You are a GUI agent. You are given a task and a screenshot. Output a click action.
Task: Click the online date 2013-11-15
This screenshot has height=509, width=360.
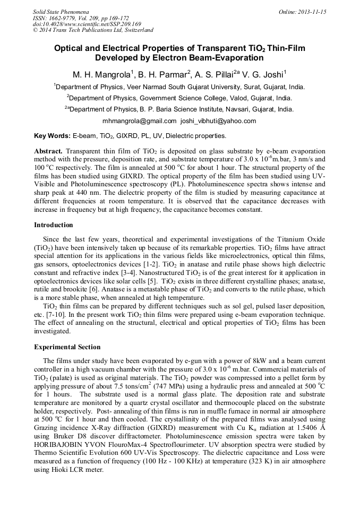point(311,11)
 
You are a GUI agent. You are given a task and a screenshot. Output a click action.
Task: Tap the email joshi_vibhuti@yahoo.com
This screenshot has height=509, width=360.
point(218,120)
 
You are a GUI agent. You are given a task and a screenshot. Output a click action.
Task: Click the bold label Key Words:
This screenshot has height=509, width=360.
point(52,136)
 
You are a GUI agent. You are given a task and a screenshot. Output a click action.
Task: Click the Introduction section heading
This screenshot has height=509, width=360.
point(54,225)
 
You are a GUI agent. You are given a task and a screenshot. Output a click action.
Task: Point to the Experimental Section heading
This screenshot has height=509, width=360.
point(67,347)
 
